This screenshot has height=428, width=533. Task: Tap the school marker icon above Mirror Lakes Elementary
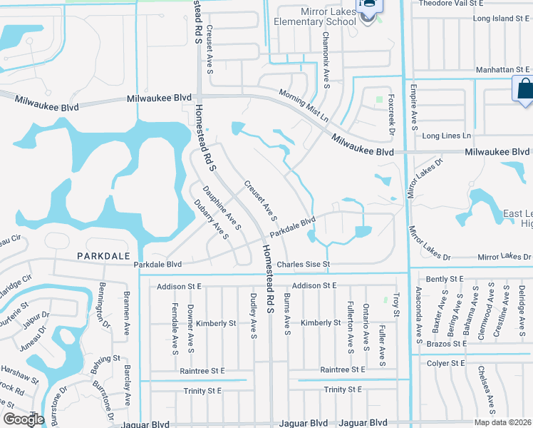(368, 6)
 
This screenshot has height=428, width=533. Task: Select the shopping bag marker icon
(523, 89)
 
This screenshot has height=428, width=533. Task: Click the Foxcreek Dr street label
(391, 114)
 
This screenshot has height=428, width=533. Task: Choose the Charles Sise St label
(304, 264)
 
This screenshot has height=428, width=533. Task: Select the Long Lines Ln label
(447, 136)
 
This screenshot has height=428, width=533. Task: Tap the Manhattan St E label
(503, 70)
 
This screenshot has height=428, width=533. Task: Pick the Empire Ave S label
(413, 107)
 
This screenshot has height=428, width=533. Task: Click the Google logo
(24, 419)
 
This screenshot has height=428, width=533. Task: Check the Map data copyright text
(502, 422)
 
